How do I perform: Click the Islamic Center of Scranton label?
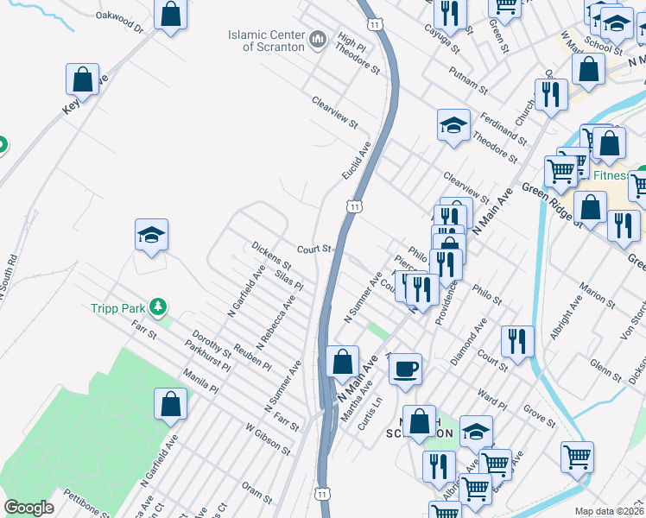click(266, 41)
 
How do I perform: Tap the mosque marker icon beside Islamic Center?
click(317, 39)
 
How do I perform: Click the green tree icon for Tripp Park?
click(157, 306)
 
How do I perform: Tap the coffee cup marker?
click(405, 370)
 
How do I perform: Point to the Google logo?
click(29, 508)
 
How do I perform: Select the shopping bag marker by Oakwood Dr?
click(171, 15)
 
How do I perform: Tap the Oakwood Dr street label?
click(119, 22)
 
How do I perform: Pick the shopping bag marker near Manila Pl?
click(171, 404)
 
